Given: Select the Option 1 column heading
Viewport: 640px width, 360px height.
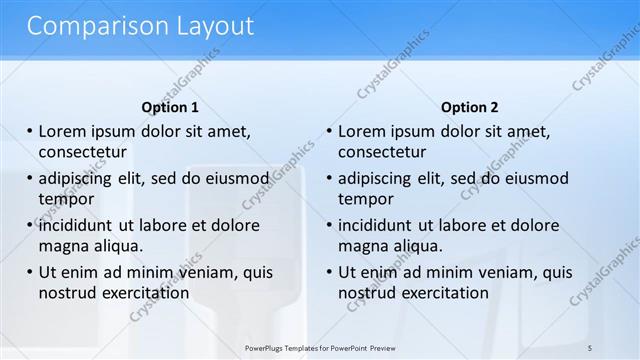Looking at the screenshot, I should [170, 107].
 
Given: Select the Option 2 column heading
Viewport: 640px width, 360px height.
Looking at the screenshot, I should [469, 107].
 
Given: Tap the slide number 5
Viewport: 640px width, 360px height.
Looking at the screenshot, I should [590, 347].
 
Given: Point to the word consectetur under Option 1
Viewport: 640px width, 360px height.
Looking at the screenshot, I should [82, 152].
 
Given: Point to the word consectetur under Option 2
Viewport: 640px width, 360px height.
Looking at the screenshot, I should [382, 152].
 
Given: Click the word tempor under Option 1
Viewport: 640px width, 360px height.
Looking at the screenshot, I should [66, 199].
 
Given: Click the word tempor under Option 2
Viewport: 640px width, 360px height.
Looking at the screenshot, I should [366, 199].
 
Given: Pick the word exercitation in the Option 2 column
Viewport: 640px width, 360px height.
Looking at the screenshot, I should [439, 293].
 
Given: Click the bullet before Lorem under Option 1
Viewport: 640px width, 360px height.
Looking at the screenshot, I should [29, 132].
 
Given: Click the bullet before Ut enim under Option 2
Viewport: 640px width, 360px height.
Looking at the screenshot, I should [329, 273].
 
